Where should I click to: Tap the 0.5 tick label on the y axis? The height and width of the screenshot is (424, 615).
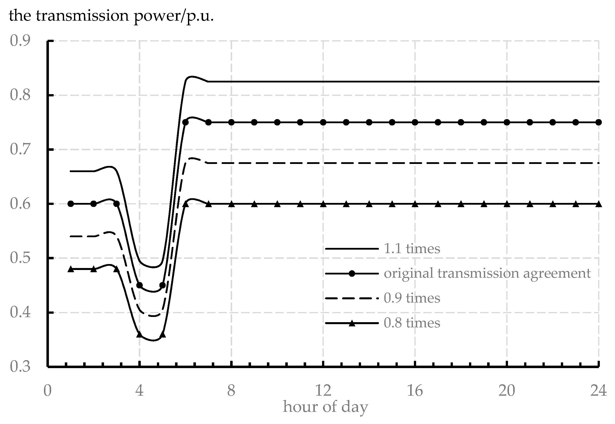20,258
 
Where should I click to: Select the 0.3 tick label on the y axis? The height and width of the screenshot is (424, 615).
20,367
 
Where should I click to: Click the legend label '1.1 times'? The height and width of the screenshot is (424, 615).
412,249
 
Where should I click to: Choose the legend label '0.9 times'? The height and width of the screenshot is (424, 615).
412,298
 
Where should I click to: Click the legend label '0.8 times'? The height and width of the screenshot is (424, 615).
412,323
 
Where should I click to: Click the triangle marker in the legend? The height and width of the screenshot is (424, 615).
352,323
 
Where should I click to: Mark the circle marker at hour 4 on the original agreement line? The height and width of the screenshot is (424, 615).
139,285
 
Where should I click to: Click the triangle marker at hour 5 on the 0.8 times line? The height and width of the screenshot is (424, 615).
163,335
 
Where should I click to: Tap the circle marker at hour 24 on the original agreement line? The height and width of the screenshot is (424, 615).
599,122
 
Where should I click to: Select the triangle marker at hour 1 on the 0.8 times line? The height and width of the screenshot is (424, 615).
71,269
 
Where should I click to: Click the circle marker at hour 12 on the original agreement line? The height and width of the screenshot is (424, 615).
323,122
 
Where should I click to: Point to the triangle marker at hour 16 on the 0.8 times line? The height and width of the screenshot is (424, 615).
415,204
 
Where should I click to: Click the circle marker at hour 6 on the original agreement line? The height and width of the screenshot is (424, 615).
185,122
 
